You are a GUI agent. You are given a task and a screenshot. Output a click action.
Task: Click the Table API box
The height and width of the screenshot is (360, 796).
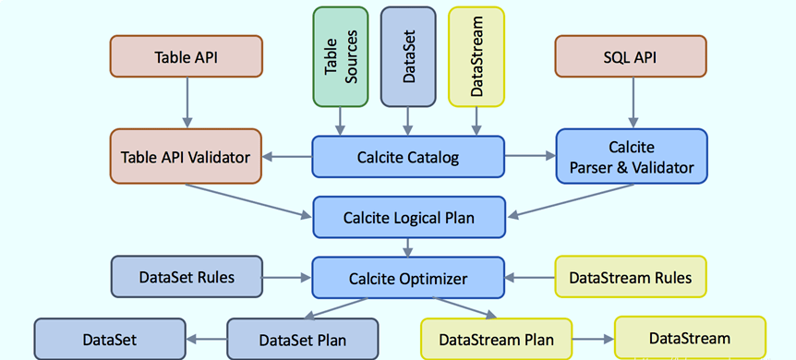[187, 57]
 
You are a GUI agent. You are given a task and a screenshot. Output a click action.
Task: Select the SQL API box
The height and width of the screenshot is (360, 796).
[632, 57]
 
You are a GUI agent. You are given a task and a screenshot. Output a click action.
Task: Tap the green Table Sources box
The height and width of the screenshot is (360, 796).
[340, 56]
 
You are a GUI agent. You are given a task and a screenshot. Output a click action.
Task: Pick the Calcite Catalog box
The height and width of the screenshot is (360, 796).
[408, 157]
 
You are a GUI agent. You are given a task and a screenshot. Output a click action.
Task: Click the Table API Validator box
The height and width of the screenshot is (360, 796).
[187, 157]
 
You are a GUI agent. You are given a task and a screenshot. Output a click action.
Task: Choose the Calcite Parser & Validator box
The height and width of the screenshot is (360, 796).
[632, 157]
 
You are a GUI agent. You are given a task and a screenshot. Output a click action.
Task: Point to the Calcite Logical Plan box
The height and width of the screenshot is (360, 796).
[409, 218]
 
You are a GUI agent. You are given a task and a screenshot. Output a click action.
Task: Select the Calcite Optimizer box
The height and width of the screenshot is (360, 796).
[408, 277]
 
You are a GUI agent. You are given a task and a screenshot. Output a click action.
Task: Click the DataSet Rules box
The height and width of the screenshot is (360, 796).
[187, 276]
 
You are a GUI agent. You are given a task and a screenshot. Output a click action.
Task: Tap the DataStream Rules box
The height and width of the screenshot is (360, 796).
[631, 277]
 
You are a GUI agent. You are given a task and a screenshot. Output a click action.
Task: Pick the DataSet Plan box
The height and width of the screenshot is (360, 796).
[303, 340]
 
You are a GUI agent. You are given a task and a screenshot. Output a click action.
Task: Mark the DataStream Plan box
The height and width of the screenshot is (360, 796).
[496, 340]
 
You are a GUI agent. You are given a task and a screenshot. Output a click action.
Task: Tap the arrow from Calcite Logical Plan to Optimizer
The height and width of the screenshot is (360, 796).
[409, 247]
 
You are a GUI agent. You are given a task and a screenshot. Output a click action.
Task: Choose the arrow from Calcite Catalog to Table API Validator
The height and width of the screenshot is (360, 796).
[287, 157]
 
